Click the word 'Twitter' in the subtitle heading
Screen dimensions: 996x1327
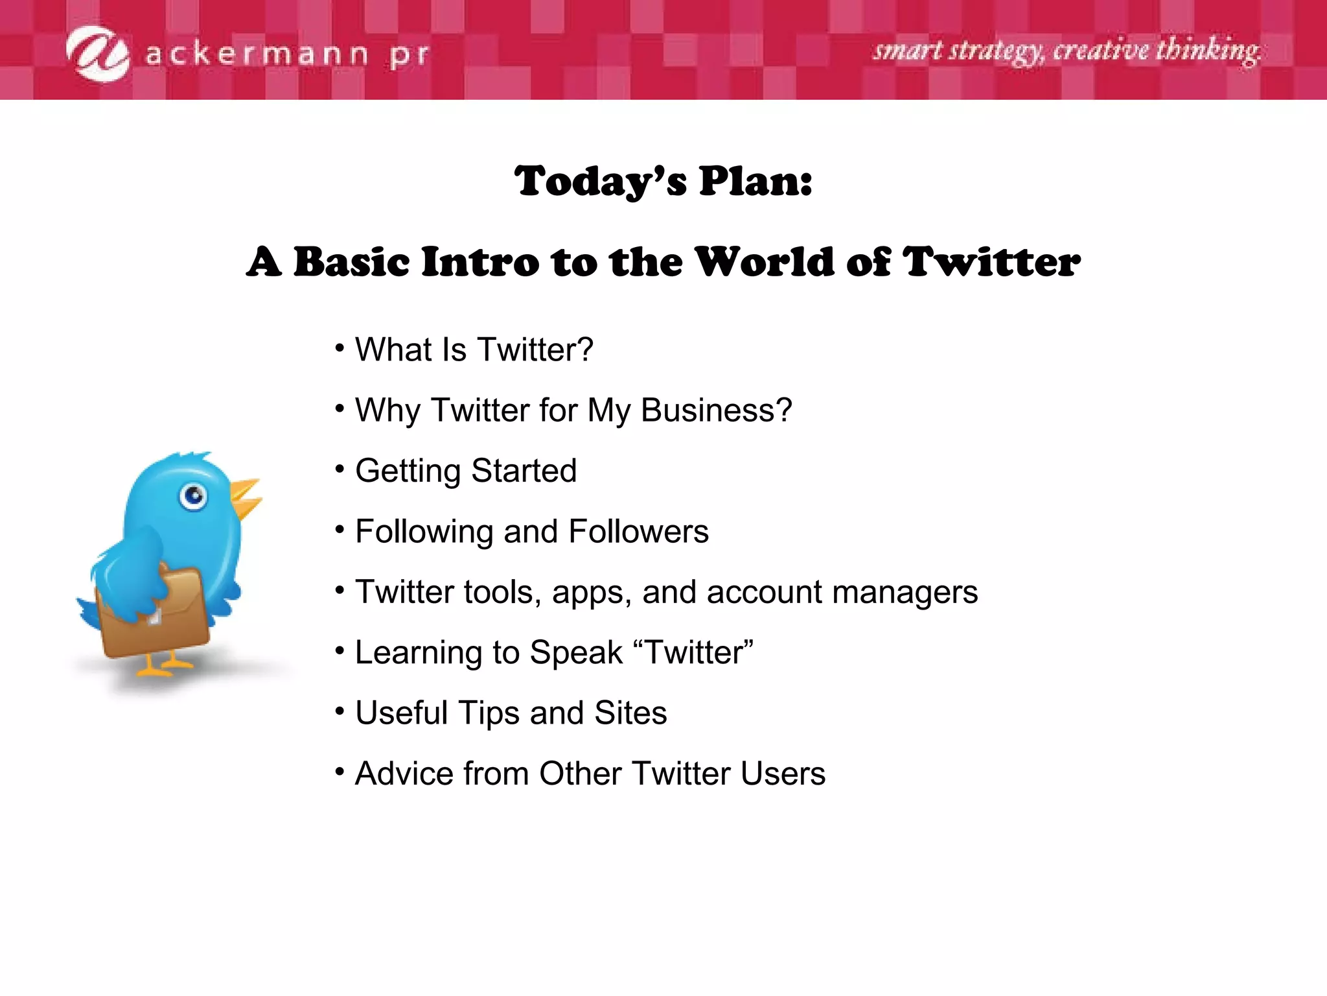pyautogui.click(x=991, y=262)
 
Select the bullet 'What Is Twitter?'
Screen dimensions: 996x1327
pyautogui.click(x=474, y=350)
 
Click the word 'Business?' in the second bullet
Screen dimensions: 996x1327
pyautogui.click(x=716, y=410)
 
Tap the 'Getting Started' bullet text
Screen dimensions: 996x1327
pyautogui.click(x=465, y=471)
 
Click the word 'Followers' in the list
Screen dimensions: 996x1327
pyautogui.click(x=638, y=532)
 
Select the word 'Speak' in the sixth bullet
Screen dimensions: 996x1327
pyautogui.click(x=575, y=652)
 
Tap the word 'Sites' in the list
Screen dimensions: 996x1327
pyautogui.click(x=630, y=713)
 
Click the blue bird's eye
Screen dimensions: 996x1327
pyautogui.click(x=193, y=497)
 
